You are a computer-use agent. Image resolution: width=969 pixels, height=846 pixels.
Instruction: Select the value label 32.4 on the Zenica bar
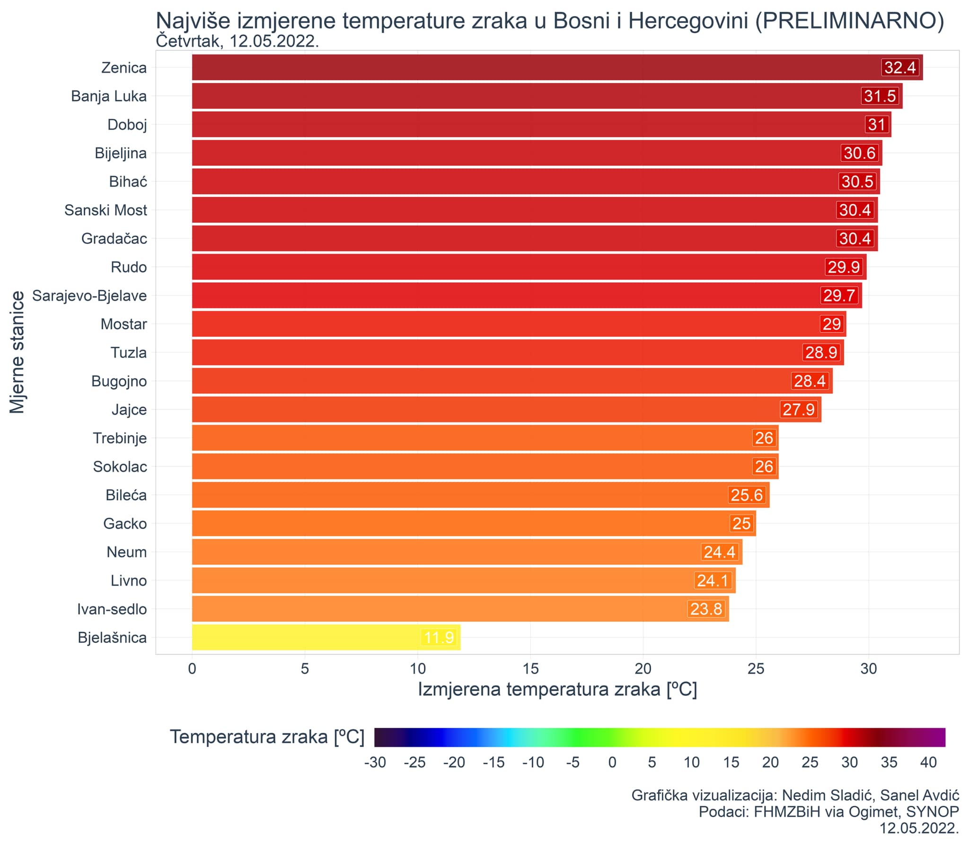point(900,68)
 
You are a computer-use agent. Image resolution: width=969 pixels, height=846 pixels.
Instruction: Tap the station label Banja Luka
point(109,96)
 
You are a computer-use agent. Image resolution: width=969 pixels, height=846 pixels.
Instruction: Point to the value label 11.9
point(439,638)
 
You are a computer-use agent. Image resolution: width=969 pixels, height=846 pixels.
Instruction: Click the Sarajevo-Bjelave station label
point(89,296)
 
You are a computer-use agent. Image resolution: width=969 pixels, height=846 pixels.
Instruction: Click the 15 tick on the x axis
point(530,669)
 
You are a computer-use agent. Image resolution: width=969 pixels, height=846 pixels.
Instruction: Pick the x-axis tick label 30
point(869,669)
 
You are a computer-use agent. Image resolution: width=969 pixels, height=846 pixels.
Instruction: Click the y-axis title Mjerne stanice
point(18,352)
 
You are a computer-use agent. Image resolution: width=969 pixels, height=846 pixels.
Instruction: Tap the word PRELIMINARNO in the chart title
point(849,21)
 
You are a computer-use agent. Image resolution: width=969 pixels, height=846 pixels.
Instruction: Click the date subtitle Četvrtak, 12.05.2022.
point(237,42)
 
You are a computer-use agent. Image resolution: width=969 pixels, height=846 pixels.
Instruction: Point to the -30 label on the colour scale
point(375,762)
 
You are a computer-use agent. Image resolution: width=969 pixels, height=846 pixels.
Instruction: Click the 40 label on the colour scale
point(928,762)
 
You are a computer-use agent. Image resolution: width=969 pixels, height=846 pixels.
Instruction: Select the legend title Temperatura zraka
point(267,737)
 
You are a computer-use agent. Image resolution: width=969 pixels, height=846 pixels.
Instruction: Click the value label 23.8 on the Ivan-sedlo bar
point(706,609)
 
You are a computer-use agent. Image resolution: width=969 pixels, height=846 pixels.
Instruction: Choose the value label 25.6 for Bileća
point(747,495)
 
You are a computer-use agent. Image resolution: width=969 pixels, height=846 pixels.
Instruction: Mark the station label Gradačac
point(114,239)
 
